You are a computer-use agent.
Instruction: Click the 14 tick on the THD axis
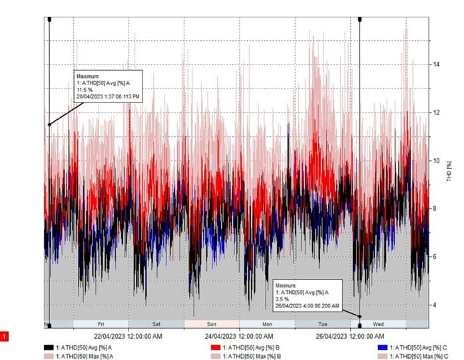coord(436,65)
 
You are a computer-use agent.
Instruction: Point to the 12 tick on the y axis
coord(436,112)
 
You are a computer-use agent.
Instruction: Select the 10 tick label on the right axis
coord(436,160)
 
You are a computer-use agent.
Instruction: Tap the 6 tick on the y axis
coord(435,257)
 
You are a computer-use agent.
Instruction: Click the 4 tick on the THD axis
coord(435,305)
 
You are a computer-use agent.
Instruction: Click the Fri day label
coord(101,324)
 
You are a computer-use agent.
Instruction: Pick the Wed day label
coord(378,324)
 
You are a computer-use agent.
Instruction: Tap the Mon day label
coord(267,324)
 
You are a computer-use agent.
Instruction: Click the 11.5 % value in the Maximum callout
coord(85,90)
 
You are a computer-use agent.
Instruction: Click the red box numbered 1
coord(6,337)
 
